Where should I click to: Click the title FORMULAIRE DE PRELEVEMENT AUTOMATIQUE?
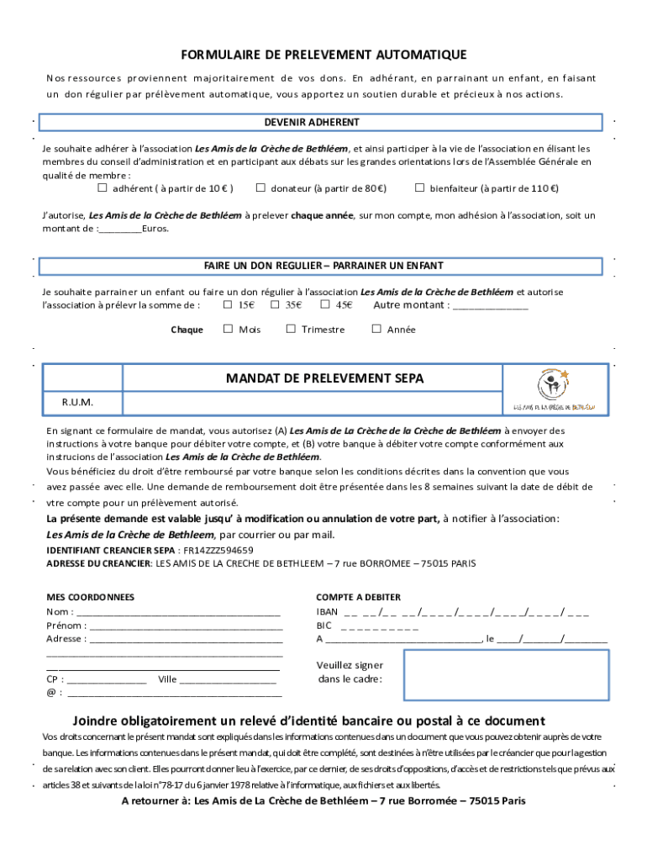(x=323, y=55)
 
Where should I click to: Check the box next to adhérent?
(x=103, y=188)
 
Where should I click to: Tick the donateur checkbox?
(x=260, y=188)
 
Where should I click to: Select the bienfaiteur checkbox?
(x=420, y=188)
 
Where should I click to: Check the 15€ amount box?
(x=228, y=305)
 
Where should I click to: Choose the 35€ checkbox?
(x=275, y=305)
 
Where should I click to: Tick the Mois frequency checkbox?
(x=228, y=330)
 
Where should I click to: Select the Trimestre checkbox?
(x=291, y=330)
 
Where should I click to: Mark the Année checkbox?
(x=376, y=330)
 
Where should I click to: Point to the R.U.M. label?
(x=77, y=403)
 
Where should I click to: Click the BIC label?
(x=323, y=626)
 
